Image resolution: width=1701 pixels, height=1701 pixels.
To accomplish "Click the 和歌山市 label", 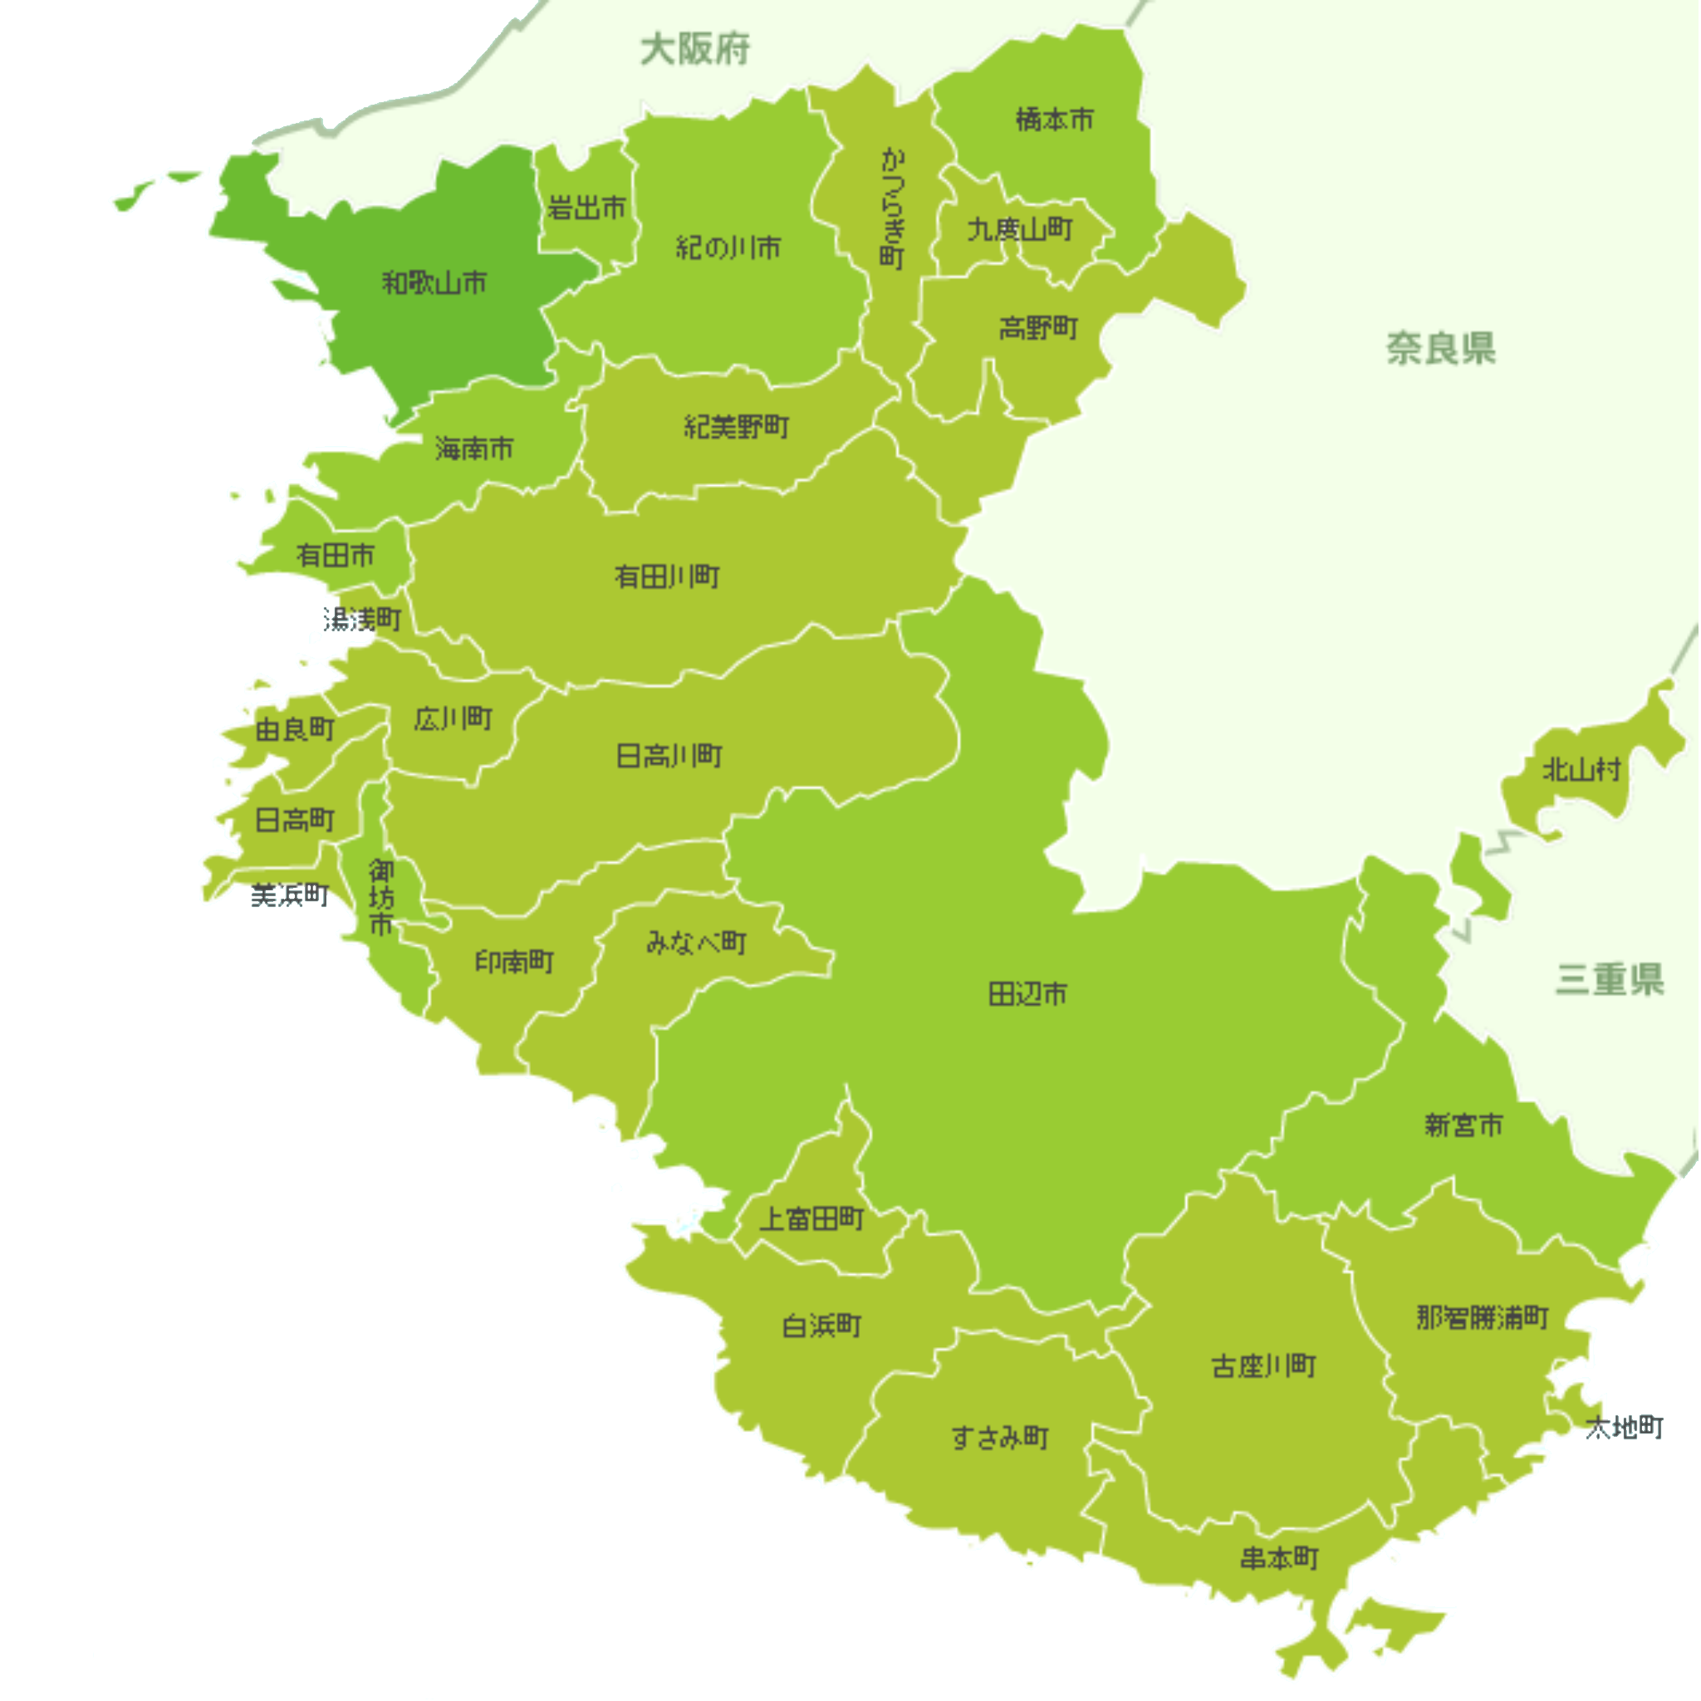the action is (x=434, y=282).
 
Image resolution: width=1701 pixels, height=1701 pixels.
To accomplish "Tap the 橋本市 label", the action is (x=1054, y=119).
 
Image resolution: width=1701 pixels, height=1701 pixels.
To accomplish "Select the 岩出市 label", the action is (x=586, y=208).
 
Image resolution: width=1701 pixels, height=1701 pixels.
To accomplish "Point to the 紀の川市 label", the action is (x=728, y=248).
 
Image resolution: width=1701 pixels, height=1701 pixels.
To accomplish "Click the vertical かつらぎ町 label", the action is (x=892, y=208).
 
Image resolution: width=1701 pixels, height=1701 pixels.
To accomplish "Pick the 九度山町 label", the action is (x=1020, y=230).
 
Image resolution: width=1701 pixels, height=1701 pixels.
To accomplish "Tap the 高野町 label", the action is (x=1038, y=328).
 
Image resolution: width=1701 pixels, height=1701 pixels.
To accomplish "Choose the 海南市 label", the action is (x=473, y=449).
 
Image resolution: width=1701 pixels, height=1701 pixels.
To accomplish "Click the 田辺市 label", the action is (x=1027, y=994).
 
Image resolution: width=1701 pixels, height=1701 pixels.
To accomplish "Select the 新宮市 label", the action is (x=1463, y=1125).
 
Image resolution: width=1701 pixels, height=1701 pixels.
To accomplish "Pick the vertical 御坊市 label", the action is (x=381, y=897).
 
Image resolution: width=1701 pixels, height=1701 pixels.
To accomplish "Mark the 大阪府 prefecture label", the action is (x=695, y=49).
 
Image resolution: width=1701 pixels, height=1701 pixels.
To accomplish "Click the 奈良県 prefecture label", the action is (x=1440, y=349).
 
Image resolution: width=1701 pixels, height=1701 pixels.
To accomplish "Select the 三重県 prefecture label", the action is (x=1610, y=978).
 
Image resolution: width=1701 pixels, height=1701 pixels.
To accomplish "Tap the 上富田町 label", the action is (x=811, y=1218).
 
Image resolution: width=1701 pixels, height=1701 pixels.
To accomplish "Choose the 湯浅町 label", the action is (x=362, y=620).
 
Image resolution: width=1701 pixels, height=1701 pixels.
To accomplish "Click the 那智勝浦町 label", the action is (x=1483, y=1317).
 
